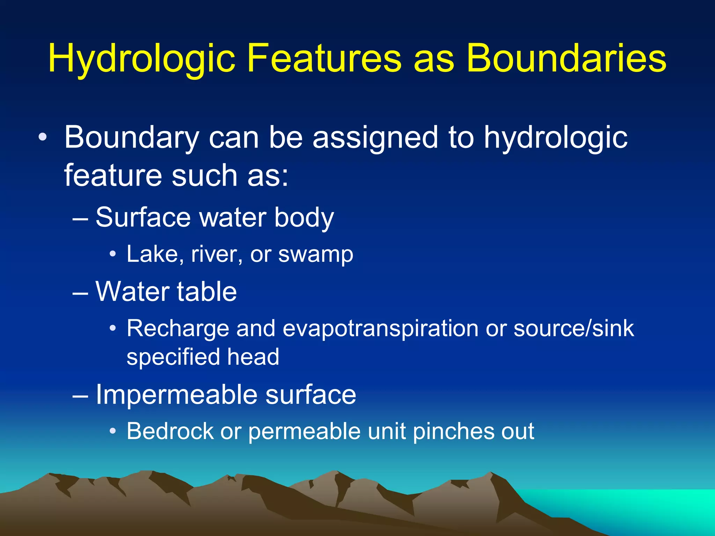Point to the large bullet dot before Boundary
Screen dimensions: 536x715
coord(42,137)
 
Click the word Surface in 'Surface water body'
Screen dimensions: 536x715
coord(143,217)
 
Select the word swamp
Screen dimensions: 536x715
coord(316,254)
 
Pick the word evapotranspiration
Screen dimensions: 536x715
coord(380,329)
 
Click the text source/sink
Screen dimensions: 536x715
coord(574,329)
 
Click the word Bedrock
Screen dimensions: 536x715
coord(170,431)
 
